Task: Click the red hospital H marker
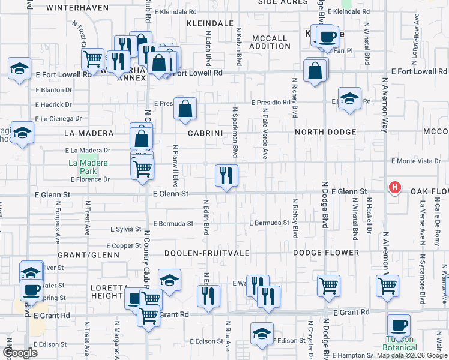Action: coord(395,188)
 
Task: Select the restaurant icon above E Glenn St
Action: coord(226,175)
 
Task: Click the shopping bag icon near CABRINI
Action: coord(185,109)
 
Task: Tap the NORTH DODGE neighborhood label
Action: coord(325,132)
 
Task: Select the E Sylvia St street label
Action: coord(125,229)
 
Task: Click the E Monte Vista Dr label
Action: coord(416,161)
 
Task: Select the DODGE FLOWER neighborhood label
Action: coord(326,253)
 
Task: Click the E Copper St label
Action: coord(124,246)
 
